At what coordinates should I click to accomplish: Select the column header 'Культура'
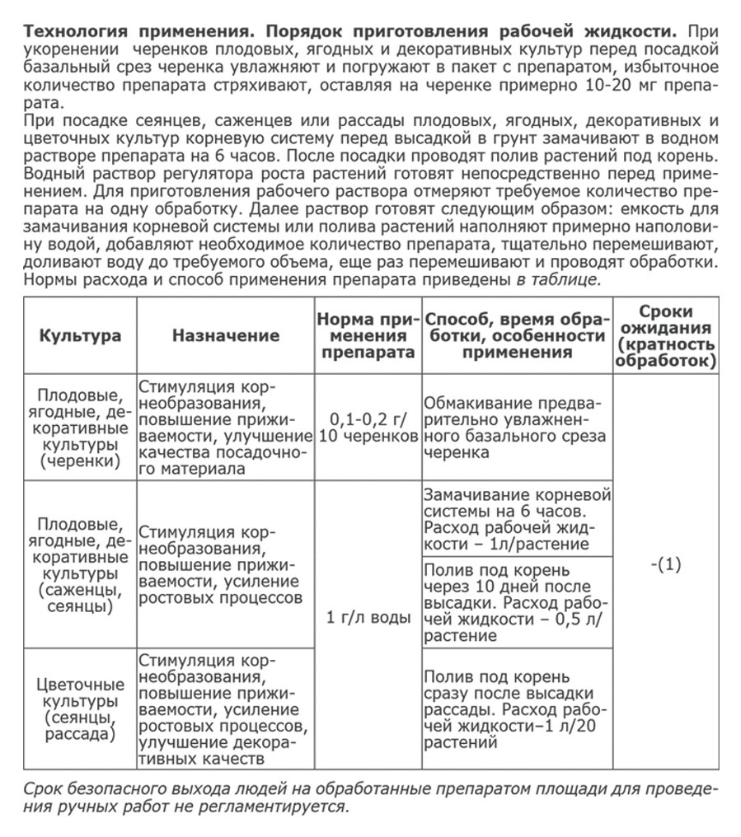click(80, 335)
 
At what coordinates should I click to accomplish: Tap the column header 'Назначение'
click(225, 335)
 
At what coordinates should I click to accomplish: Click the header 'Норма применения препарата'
click(368, 335)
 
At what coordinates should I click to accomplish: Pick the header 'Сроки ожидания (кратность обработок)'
click(665, 335)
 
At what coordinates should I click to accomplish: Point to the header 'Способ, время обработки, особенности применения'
click(517, 335)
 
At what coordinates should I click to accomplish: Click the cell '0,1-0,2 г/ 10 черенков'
click(368, 427)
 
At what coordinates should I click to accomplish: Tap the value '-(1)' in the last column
click(665, 566)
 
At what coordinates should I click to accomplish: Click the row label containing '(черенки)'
click(80, 427)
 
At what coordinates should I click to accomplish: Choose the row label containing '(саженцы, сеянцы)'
click(80, 564)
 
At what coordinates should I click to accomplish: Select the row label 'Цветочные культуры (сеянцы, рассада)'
click(80, 708)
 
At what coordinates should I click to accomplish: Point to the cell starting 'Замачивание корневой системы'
click(517, 519)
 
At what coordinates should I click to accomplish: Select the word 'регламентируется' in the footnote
click(288, 805)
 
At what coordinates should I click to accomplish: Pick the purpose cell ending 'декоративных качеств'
click(225, 708)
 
